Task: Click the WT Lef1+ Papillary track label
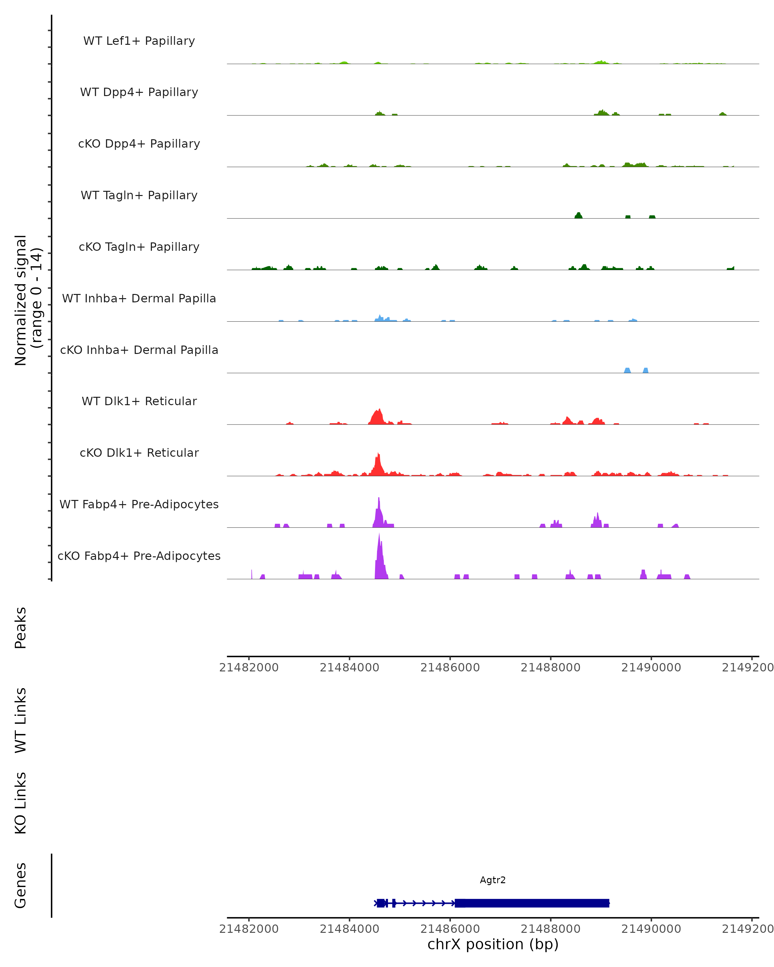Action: point(139,41)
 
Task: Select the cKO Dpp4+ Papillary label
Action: point(139,143)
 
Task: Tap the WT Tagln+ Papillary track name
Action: point(139,195)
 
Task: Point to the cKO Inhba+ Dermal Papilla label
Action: point(139,350)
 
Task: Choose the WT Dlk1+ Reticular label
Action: point(139,401)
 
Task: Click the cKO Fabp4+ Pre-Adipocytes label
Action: point(139,556)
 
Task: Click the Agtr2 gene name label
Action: point(493,880)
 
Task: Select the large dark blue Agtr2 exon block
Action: point(532,903)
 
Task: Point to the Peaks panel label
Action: point(21,628)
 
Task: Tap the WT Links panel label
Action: point(21,720)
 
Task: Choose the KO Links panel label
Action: point(21,803)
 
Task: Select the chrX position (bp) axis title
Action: point(493,944)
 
